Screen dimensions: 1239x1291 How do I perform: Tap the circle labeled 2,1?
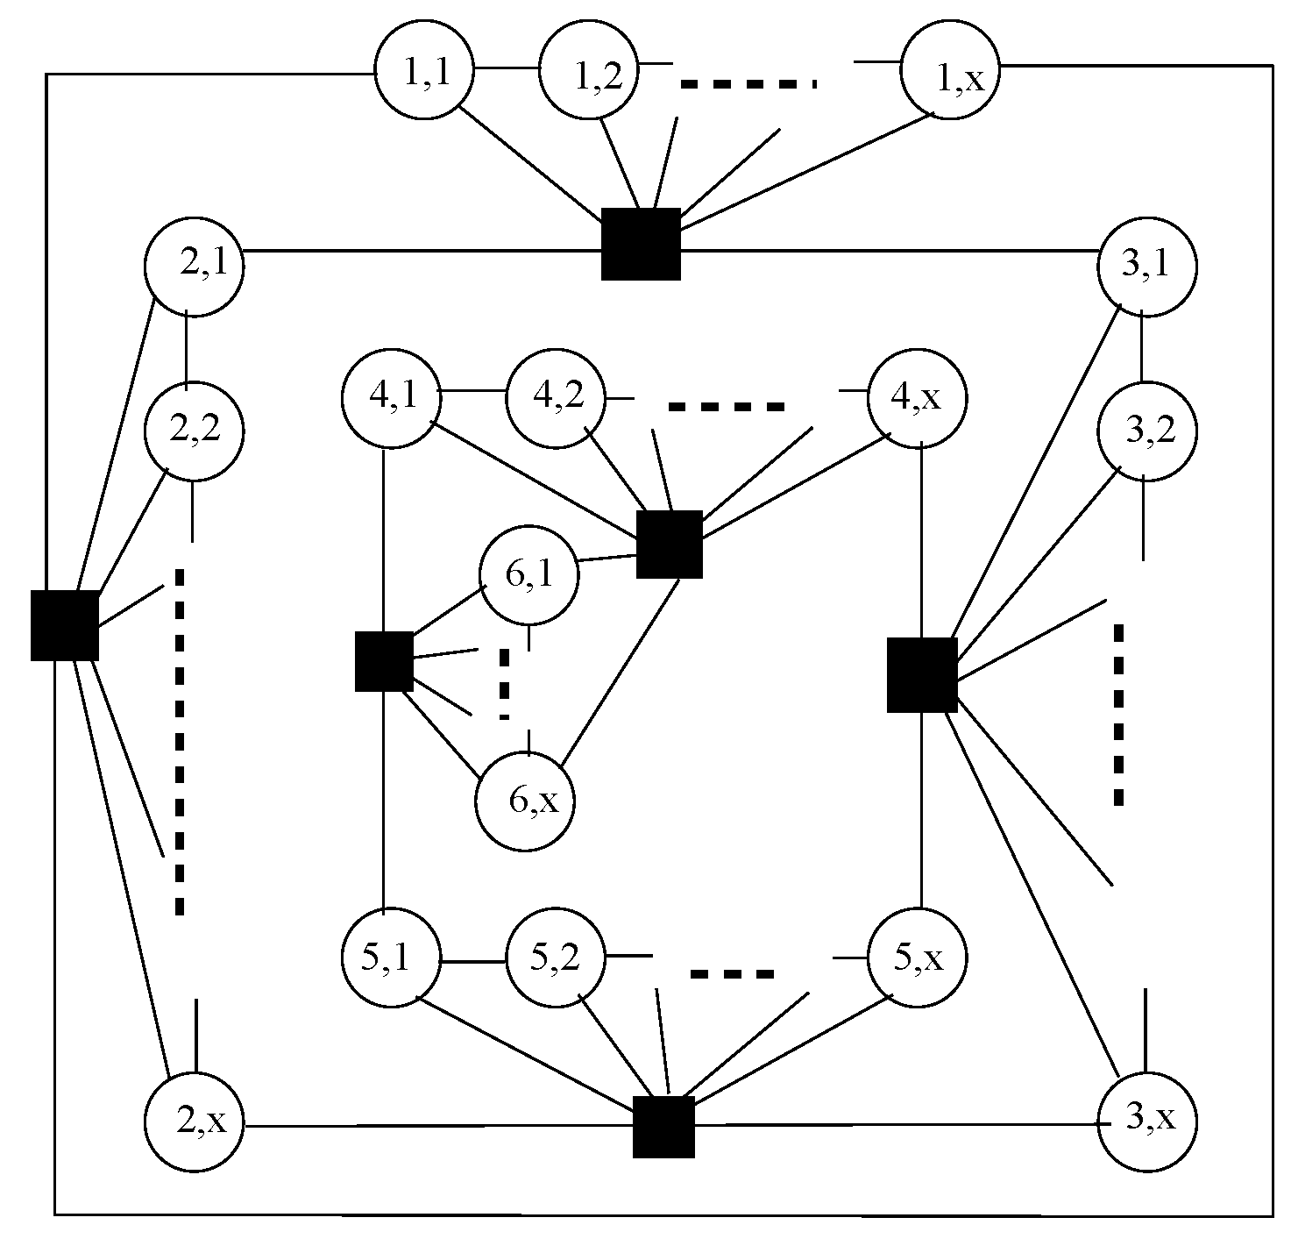point(194,265)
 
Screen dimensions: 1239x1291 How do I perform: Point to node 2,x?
point(194,1122)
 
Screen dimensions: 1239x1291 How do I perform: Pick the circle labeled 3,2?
point(1147,431)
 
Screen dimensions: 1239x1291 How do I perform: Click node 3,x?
point(1147,1121)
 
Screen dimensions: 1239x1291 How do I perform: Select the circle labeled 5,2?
point(557,958)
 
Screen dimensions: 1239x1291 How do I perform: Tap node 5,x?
point(917,958)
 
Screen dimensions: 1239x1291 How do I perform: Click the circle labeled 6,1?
point(528,576)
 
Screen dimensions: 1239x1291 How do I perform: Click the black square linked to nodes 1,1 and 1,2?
point(641,245)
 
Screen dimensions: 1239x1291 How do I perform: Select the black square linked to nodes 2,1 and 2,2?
point(64,625)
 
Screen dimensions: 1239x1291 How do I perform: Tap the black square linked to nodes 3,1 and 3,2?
point(922,674)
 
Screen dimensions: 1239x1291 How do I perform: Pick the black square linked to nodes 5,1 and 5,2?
point(663,1127)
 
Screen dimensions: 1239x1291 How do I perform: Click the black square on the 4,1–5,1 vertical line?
point(384,661)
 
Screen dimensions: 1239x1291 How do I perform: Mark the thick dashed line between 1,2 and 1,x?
point(749,84)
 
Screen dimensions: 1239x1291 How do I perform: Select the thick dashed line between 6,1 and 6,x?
point(504,684)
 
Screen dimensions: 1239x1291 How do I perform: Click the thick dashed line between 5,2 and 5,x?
point(733,973)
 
